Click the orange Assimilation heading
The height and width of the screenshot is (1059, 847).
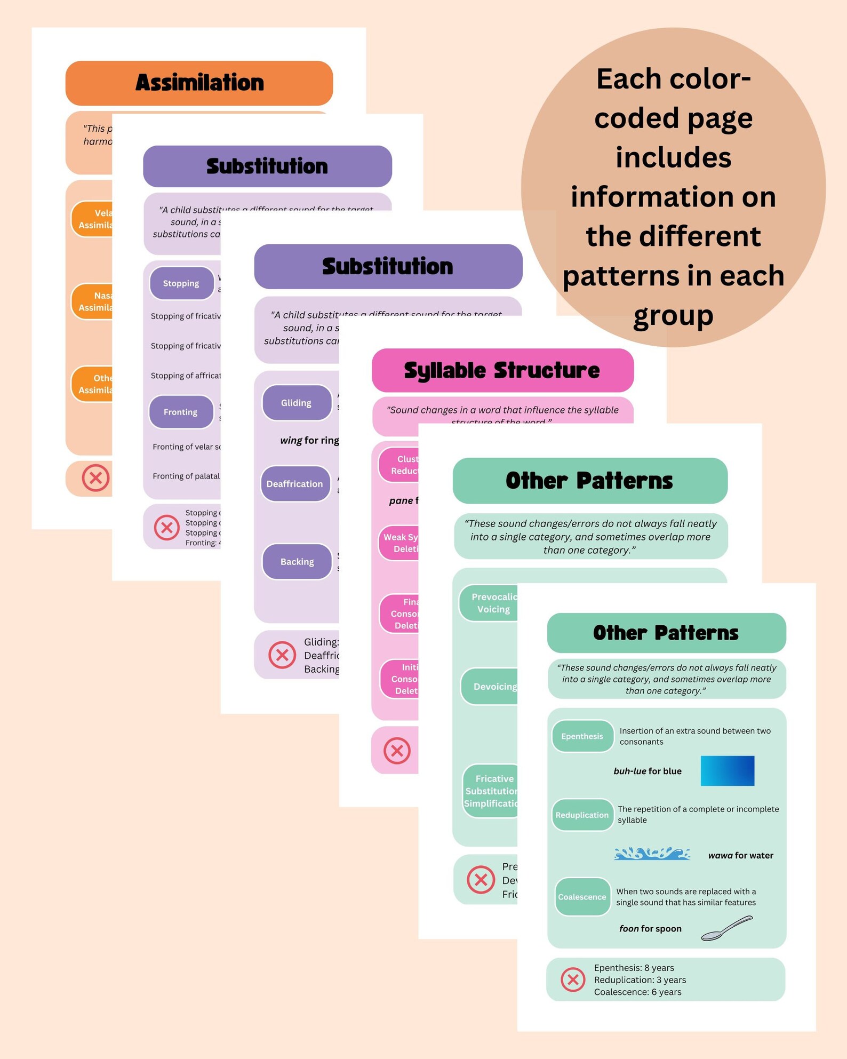click(199, 83)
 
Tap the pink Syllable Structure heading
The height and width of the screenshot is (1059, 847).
click(502, 370)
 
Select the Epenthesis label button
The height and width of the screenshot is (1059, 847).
click(582, 736)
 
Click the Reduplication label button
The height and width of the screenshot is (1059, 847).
click(582, 815)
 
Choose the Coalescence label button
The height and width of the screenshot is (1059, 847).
click(582, 897)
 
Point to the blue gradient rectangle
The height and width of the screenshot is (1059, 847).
click(727, 770)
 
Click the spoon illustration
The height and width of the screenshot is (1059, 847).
click(726, 928)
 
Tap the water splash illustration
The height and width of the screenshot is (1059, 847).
click(652, 854)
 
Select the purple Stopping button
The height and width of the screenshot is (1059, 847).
click(181, 283)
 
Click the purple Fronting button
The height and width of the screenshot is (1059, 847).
click(181, 412)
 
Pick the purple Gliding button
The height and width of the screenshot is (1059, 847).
click(296, 403)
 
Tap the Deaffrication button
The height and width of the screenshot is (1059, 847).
click(295, 484)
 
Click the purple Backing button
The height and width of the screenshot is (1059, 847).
click(297, 562)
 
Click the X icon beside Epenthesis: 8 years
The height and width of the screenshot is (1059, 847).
click(573, 980)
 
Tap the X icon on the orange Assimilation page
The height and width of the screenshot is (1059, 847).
click(96, 477)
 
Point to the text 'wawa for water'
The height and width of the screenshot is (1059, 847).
click(740, 855)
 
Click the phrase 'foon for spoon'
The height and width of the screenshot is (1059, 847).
click(650, 928)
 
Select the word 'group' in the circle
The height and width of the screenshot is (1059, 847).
click(673, 315)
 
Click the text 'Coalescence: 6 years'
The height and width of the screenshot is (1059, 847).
click(637, 992)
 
